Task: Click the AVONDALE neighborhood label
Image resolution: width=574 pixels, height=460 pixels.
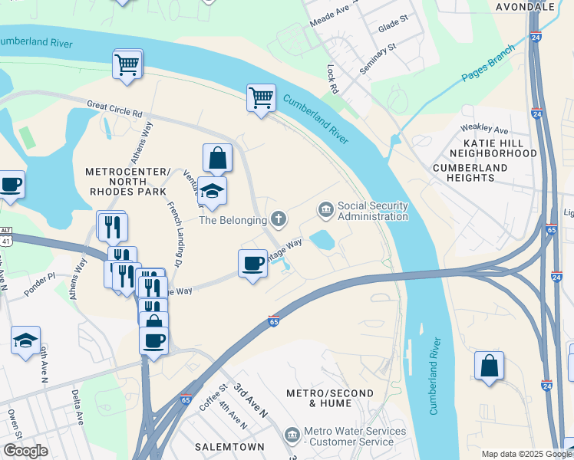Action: click(526, 7)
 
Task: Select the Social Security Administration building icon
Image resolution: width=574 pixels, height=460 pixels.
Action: click(325, 209)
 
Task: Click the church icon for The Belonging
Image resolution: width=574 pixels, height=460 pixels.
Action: click(278, 220)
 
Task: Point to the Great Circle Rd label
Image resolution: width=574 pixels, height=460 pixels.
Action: click(114, 108)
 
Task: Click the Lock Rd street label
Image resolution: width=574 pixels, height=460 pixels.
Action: click(333, 79)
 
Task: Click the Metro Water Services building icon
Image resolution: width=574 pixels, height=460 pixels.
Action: click(292, 435)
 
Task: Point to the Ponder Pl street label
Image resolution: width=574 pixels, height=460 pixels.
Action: click(40, 275)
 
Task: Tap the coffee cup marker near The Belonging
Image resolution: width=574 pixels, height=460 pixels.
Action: click(252, 264)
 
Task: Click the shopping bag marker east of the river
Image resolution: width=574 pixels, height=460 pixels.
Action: click(489, 366)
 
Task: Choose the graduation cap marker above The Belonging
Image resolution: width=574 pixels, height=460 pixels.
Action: click(212, 192)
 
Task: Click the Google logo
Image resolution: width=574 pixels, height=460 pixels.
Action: click(25, 451)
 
